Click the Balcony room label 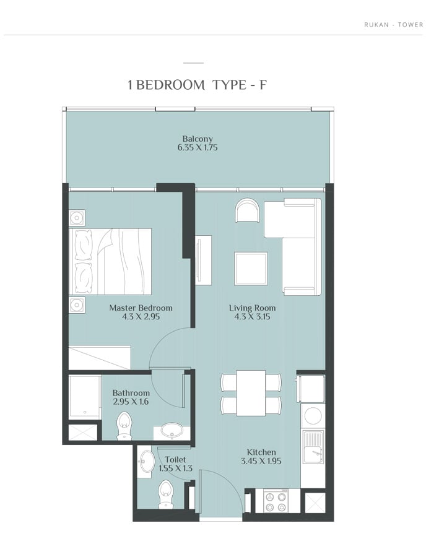pyautogui.click(x=198, y=139)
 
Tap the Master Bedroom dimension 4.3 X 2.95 pyautogui.click(x=141, y=316)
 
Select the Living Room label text pyautogui.click(x=252, y=308)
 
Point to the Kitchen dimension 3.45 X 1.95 pyautogui.click(x=261, y=461)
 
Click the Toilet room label pyautogui.click(x=175, y=460)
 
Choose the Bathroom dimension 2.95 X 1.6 pyautogui.click(x=131, y=402)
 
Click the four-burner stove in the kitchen pyautogui.click(x=276, y=501)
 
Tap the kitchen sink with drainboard pyautogui.click(x=313, y=447)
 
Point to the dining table pyautogui.click(x=251, y=392)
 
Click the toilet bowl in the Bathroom pyautogui.click(x=124, y=426)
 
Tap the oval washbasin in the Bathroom pyautogui.click(x=172, y=430)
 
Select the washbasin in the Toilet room pyautogui.click(x=146, y=461)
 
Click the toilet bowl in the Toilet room pyautogui.click(x=165, y=494)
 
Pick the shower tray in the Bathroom pyautogui.click(x=85, y=397)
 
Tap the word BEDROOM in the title pyautogui.click(x=170, y=85)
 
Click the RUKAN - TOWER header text pyautogui.click(x=394, y=25)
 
